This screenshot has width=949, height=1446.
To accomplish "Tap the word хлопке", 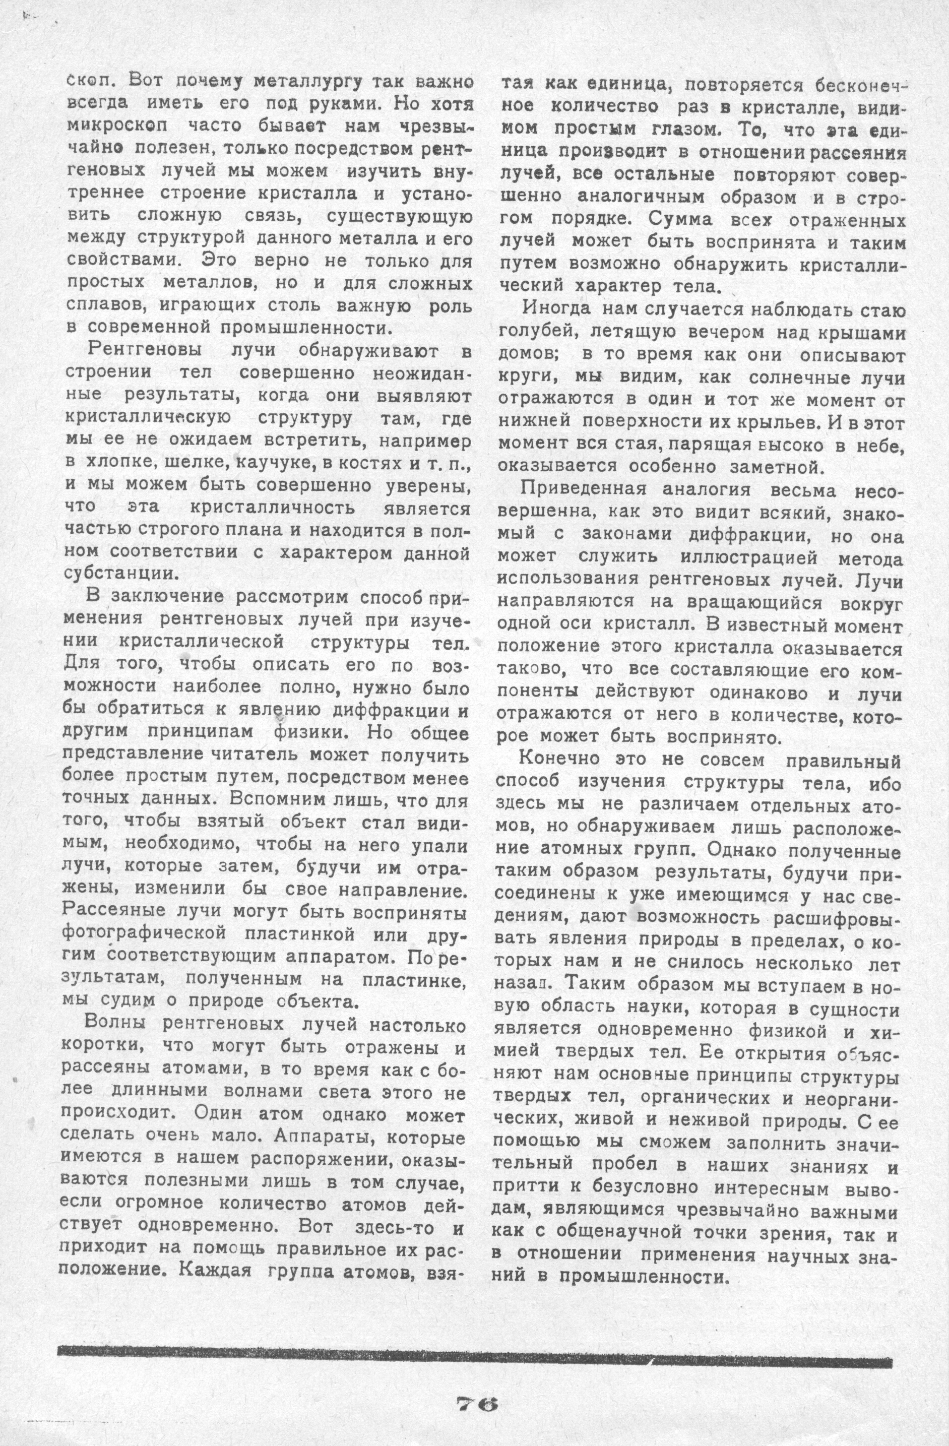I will click(118, 462).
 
